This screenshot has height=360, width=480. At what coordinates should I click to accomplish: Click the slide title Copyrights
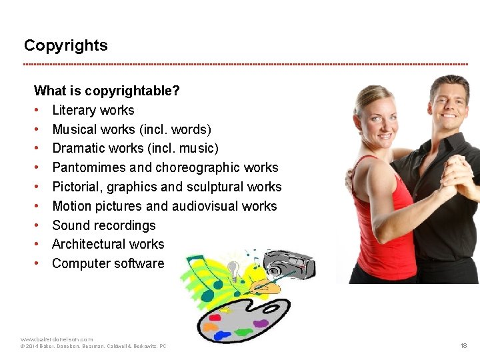pos(65,45)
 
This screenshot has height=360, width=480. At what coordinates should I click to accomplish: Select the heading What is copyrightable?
pos(107,91)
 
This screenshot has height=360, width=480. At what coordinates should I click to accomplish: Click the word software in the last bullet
pos(139,263)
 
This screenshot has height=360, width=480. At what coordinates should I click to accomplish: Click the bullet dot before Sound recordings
pos(37,225)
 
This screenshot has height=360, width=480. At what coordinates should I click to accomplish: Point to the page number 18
pos(463,346)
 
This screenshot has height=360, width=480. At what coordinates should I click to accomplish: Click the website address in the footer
pos(57,339)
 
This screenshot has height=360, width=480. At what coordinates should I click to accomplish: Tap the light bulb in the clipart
pos(233,269)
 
